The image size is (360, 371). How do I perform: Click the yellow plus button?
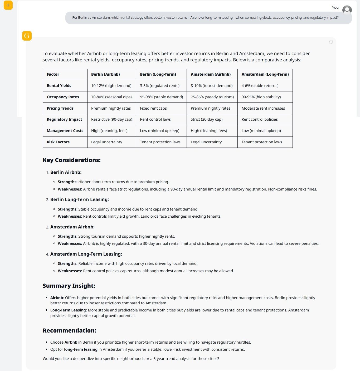[8, 5]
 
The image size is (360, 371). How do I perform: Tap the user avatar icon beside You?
[347, 10]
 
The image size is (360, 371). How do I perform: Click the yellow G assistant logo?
[27, 36]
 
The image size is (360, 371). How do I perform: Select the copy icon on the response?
[331, 42]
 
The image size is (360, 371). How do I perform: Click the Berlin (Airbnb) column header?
[105, 74]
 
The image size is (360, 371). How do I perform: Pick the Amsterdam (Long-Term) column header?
[265, 74]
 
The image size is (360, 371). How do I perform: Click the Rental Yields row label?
[59, 86]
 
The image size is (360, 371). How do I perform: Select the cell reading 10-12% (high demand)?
[111, 86]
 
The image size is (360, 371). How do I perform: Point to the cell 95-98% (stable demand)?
[161, 97]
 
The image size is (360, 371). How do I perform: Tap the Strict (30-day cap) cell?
[207, 119]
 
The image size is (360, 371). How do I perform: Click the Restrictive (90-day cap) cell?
[112, 119]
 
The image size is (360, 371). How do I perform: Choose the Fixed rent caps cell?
[153, 108]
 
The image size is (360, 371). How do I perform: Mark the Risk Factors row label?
[58, 142]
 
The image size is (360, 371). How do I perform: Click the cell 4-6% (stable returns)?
[260, 86]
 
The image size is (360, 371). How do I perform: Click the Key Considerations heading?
[72, 160]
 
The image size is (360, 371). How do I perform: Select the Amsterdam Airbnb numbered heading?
[72, 227]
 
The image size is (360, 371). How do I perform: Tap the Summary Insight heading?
[69, 286]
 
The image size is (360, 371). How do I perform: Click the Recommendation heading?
[69, 330]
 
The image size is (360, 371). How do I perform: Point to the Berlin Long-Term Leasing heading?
[79, 199]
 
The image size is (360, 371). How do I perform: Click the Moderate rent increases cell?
[263, 108]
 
